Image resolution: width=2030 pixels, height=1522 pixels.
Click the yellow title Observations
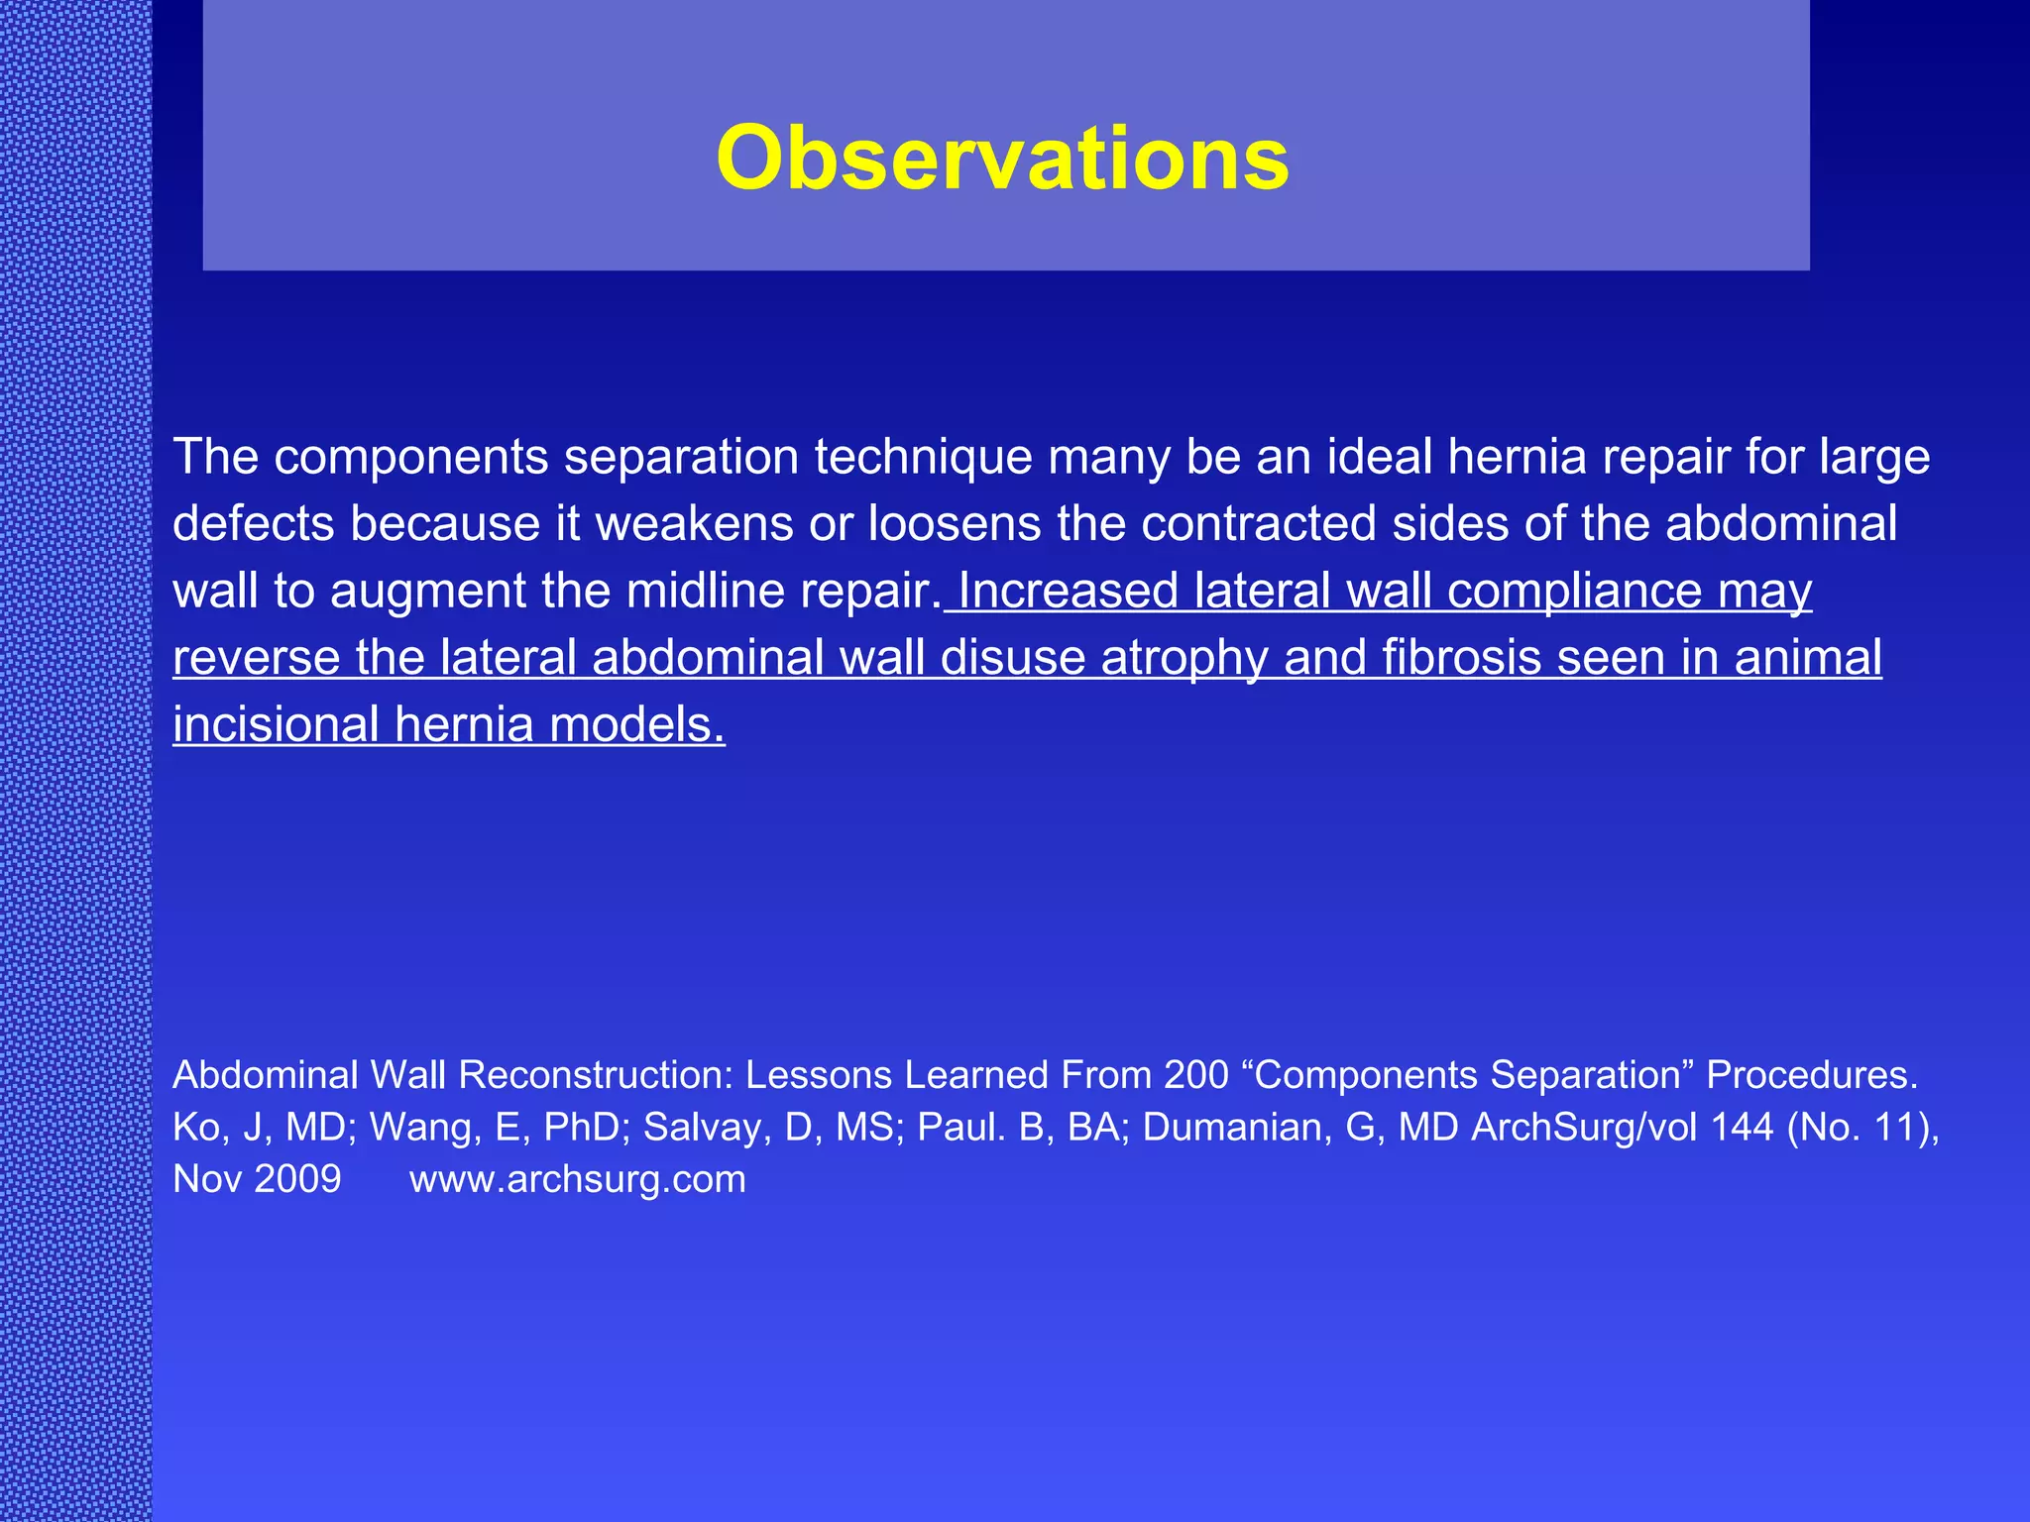[x=1002, y=159]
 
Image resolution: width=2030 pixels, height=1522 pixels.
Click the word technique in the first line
[x=923, y=458]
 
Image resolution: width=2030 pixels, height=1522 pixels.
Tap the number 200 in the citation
[x=1196, y=1075]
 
